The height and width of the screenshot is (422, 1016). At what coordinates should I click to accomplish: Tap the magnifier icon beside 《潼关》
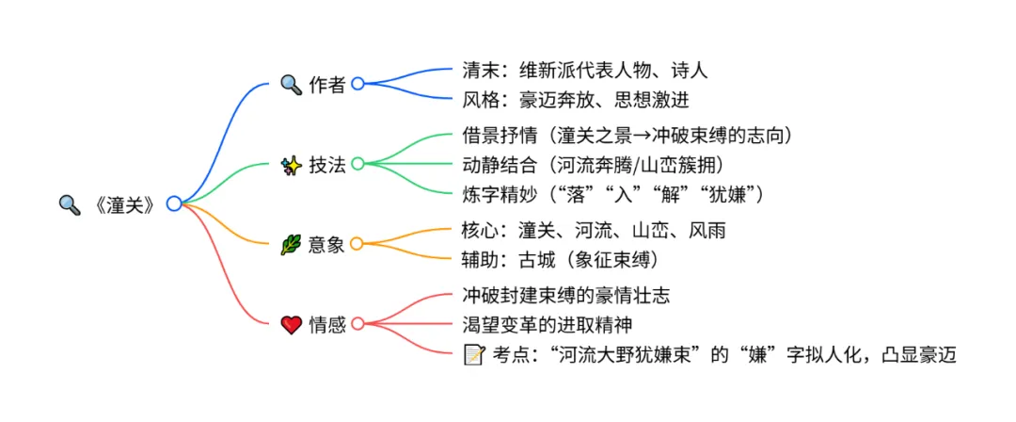(70, 203)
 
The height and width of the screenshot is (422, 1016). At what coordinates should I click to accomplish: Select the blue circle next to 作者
(357, 83)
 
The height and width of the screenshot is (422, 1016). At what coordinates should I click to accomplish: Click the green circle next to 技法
(357, 164)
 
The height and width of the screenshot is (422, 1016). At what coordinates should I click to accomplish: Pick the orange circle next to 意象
(357, 244)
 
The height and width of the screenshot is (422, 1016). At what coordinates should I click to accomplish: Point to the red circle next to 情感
(357, 325)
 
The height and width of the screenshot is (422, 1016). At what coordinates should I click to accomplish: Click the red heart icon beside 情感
(292, 325)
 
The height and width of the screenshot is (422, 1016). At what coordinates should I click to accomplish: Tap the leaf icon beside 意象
(292, 245)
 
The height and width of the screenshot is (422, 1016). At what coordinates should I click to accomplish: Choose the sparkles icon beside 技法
(292, 164)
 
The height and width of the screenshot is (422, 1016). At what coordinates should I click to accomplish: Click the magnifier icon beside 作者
(292, 83)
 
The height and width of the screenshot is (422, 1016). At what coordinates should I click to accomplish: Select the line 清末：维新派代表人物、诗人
(584, 70)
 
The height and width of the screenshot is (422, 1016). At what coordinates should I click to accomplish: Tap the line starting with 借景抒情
(627, 137)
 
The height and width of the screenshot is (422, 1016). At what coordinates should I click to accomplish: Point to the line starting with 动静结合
(594, 164)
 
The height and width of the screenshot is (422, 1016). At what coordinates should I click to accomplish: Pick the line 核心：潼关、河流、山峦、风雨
(594, 231)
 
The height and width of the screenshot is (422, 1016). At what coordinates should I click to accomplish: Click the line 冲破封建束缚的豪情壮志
(566, 297)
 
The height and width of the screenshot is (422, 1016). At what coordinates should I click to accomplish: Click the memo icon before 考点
(474, 353)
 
